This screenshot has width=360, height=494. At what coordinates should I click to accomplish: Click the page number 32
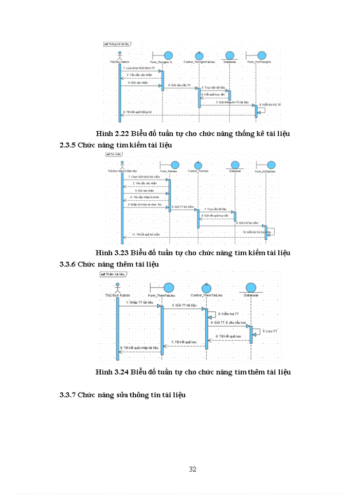tap(193, 469)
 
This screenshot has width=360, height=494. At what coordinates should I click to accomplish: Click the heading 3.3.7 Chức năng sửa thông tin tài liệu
tap(123, 395)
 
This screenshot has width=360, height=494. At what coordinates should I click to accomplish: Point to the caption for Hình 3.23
tap(193, 253)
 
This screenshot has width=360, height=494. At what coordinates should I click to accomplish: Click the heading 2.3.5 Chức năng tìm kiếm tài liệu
tap(116, 145)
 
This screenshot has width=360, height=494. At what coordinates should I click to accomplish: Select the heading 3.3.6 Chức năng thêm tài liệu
tap(109, 263)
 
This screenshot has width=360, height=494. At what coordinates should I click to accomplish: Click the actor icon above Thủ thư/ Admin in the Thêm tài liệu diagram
tap(117, 287)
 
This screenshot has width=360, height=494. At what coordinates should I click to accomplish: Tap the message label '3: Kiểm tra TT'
tap(227, 313)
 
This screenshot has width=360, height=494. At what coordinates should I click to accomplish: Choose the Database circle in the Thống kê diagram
tap(230, 56)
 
